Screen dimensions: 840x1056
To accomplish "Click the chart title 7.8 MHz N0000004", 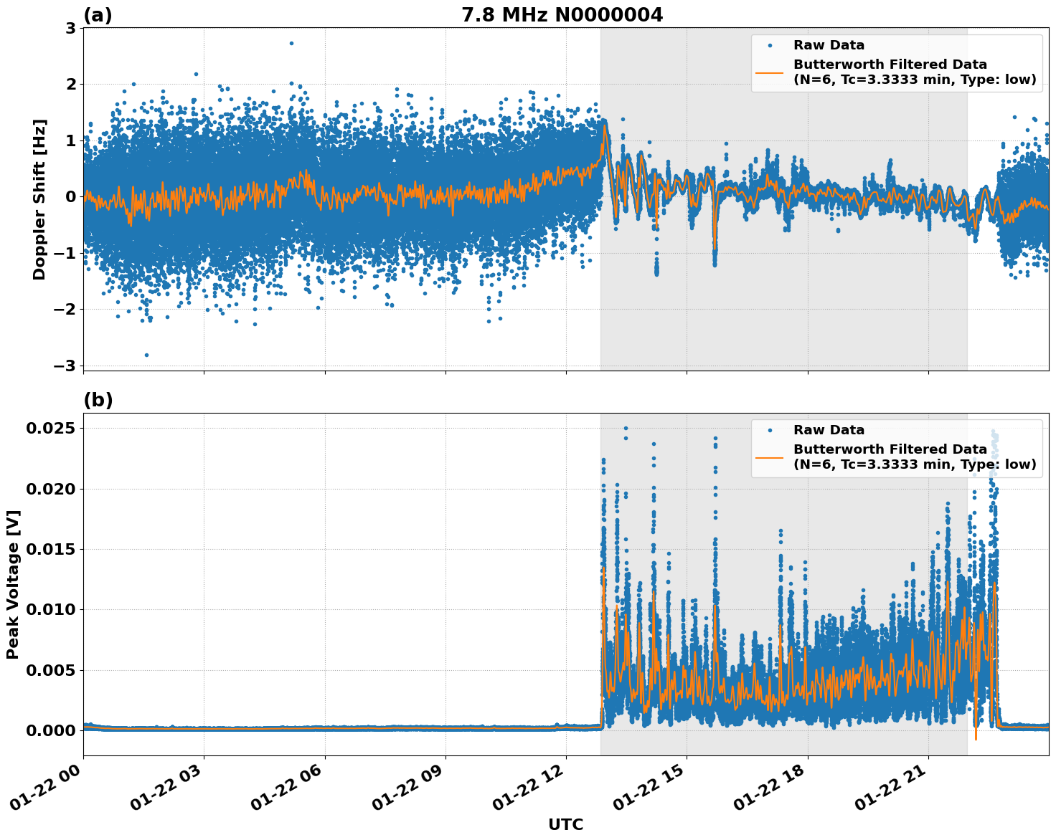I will pyautogui.click(x=562, y=14).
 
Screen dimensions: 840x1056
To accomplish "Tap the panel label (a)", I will pyautogui.click(x=98, y=15).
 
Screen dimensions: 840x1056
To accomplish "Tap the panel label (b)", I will pyautogui.click(x=98, y=400).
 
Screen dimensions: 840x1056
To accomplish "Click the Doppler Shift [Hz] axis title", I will pyautogui.click(x=39, y=199).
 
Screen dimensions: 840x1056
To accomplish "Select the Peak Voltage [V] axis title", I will pyautogui.click(x=13, y=584).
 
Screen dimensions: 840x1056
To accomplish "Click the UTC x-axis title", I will pyautogui.click(x=565, y=824).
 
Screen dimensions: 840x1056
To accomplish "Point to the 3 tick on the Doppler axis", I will pyautogui.click(x=70, y=28).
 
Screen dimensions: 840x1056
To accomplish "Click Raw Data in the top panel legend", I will pyautogui.click(x=829, y=45).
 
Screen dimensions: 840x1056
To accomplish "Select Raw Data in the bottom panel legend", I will pyautogui.click(x=829, y=430).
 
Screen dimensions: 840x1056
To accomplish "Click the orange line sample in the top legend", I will pyautogui.click(x=769, y=72).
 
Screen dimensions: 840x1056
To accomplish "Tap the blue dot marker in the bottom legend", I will pyautogui.click(x=769, y=430).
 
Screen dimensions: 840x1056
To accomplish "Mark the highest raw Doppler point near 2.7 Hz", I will pyautogui.click(x=291, y=43).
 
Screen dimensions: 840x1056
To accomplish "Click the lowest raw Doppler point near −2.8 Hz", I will pyautogui.click(x=146, y=355).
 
